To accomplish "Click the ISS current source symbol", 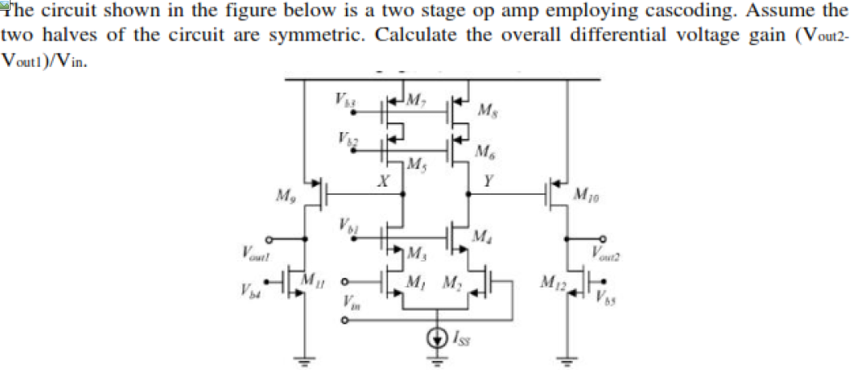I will (440, 336).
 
